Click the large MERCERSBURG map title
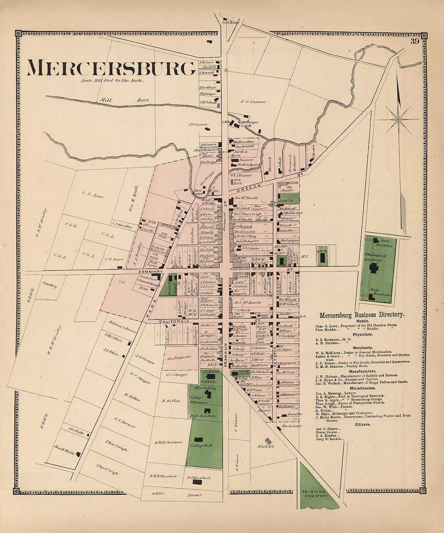[x=111, y=68]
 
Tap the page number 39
[x=414, y=41]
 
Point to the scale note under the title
[x=112, y=81]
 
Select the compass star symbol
[x=398, y=119]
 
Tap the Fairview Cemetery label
[x=315, y=494]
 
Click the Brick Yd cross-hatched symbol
[x=269, y=441]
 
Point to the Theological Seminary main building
[x=374, y=269]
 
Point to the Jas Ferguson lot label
[x=179, y=358]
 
